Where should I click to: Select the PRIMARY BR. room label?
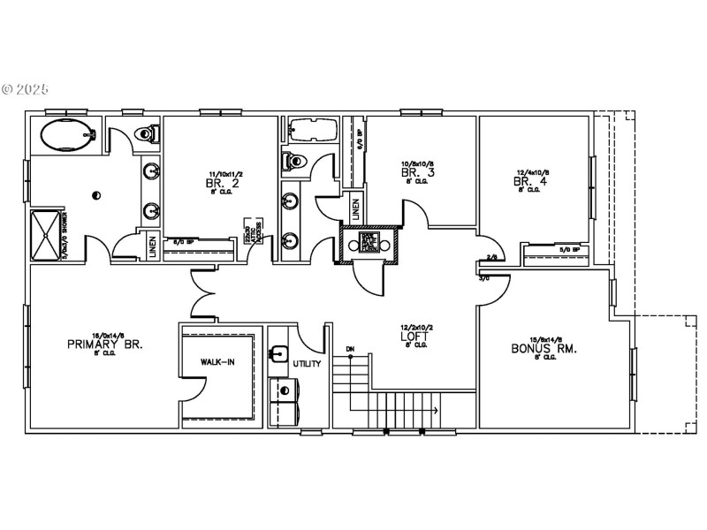[x=104, y=344]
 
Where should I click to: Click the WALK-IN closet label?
[x=217, y=362]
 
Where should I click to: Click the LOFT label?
[x=414, y=337]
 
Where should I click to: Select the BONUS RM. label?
[x=545, y=349]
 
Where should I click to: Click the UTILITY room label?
[x=308, y=363]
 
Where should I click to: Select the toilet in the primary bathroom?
[x=148, y=132]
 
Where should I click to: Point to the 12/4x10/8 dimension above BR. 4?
[x=533, y=173]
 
